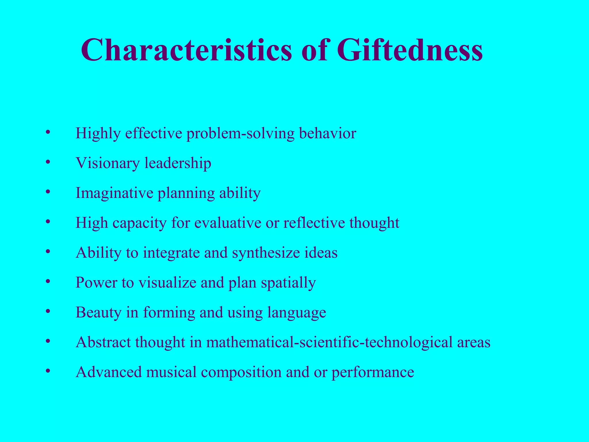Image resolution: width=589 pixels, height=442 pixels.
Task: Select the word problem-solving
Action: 240,134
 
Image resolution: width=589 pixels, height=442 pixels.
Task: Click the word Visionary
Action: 108,163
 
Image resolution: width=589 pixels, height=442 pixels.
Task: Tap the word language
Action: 297,313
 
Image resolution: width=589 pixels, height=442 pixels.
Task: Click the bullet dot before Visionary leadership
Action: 48,162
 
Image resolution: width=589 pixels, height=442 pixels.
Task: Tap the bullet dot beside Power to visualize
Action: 48,281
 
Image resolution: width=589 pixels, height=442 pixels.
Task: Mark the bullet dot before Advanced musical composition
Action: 48,371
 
